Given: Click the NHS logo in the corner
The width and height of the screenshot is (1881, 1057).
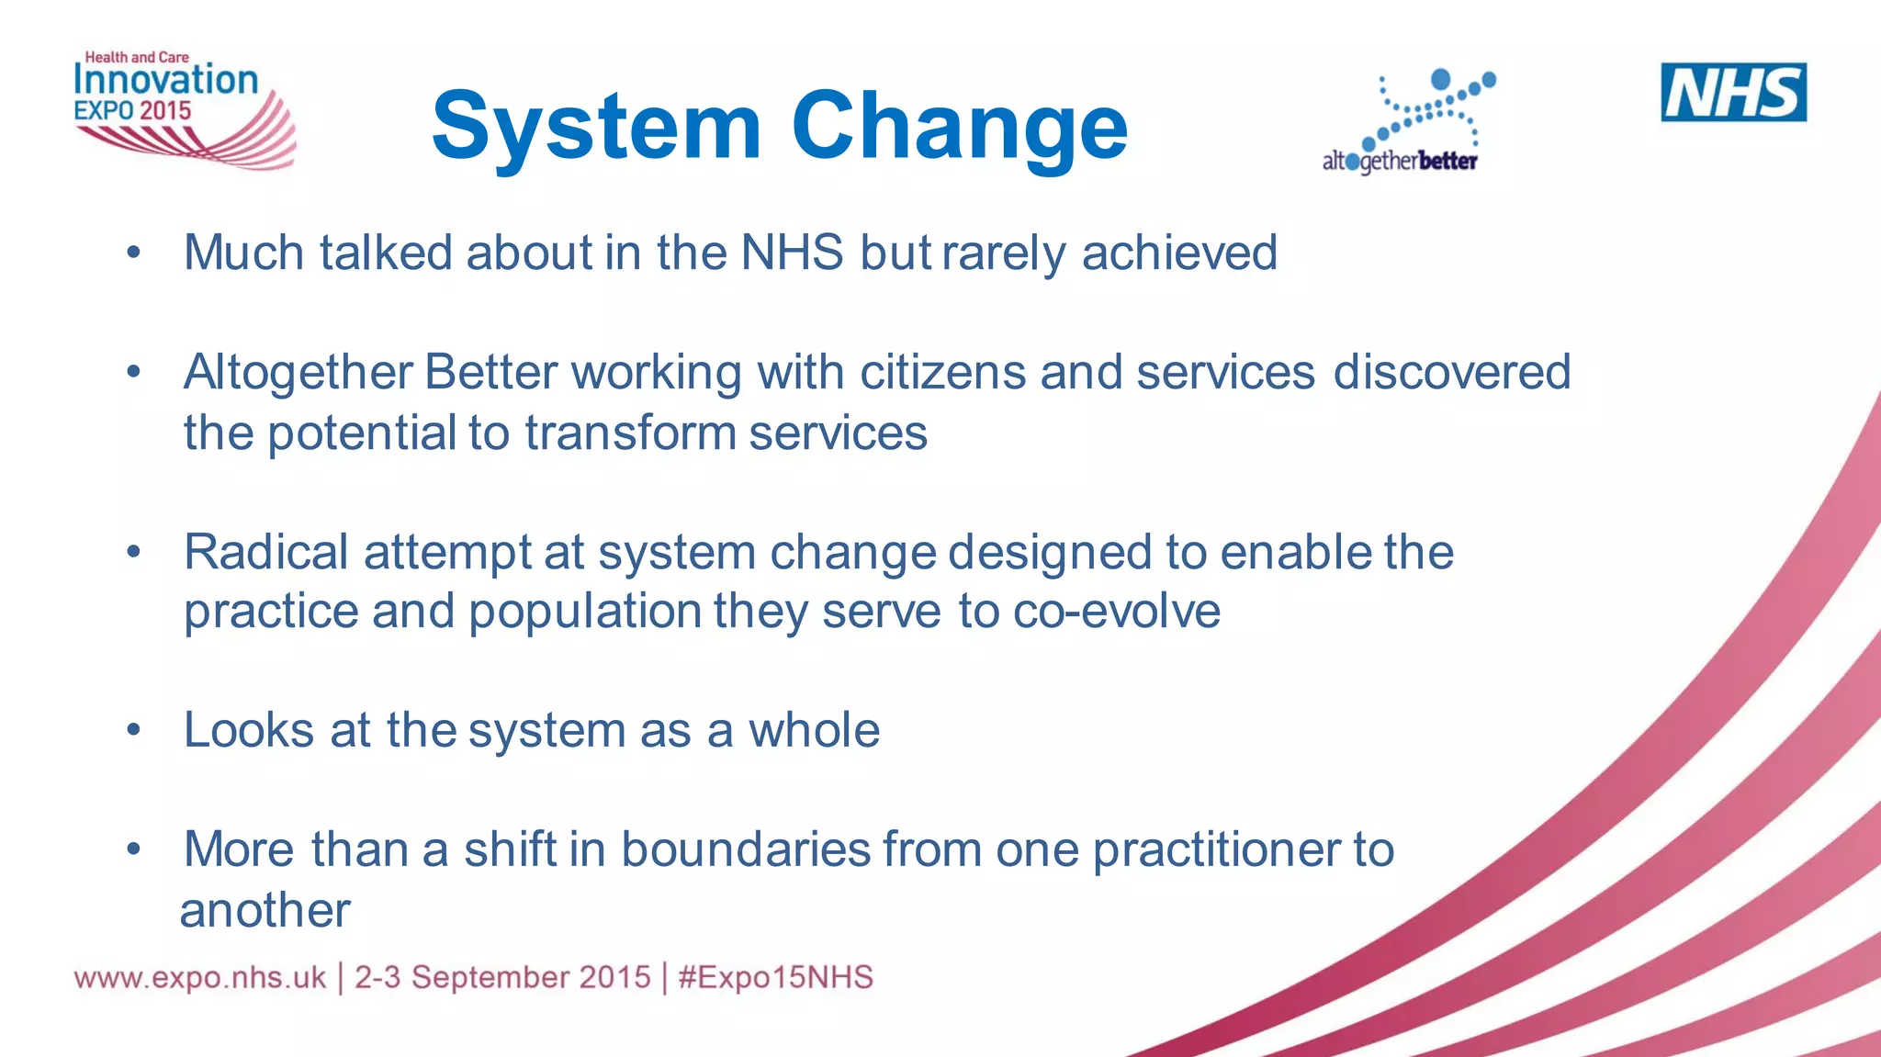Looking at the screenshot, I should coord(1733,92).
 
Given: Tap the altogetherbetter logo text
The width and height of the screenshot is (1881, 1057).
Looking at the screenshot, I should coord(1400,162).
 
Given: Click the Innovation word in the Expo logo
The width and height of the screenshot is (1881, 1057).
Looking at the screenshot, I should coord(166,81).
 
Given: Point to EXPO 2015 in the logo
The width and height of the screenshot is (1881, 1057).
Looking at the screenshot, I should coord(132,111).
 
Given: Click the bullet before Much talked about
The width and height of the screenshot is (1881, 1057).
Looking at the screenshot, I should coord(134,253).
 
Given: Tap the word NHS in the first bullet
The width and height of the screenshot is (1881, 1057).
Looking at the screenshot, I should coord(792,253).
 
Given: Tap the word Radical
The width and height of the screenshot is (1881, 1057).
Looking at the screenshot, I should coord(265,553).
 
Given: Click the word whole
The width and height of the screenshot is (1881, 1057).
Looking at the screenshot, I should coord(814,731).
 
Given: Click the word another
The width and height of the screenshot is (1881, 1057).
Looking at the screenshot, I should coord(265,911).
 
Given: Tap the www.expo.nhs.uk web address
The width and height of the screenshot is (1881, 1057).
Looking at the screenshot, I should coord(200,977).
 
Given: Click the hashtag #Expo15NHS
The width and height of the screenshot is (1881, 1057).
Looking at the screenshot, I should coord(775,977).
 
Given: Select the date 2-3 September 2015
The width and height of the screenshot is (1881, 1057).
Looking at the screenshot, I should coord(502,977).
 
